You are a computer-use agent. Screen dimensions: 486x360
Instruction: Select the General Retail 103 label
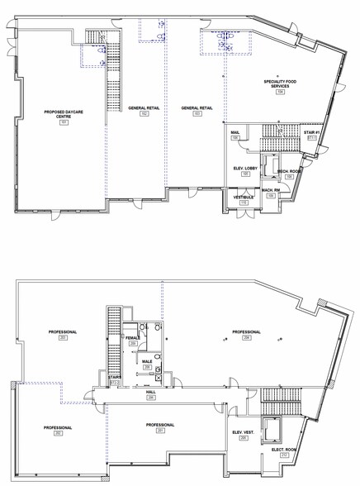click(x=197, y=108)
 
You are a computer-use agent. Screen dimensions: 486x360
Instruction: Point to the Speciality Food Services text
click(x=278, y=84)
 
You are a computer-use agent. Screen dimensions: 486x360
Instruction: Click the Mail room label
click(x=235, y=132)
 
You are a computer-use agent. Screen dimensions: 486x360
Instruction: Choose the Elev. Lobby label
click(x=245, y=169)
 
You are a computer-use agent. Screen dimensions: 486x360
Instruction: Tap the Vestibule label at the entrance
click(x=244, y=198)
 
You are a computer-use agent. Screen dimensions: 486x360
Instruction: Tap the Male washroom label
click(x=146, y=361)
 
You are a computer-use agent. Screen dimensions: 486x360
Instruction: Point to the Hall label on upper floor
click(x=150, y=393)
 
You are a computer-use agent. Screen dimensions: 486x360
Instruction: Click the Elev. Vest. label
click(x=243, y=433)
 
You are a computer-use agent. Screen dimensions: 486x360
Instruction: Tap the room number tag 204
click(x=246, y=337)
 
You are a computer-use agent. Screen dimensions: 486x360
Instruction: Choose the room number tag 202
click(x=58, y=432)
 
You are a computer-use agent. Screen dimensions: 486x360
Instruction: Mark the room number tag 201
click(x=160, y=431)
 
